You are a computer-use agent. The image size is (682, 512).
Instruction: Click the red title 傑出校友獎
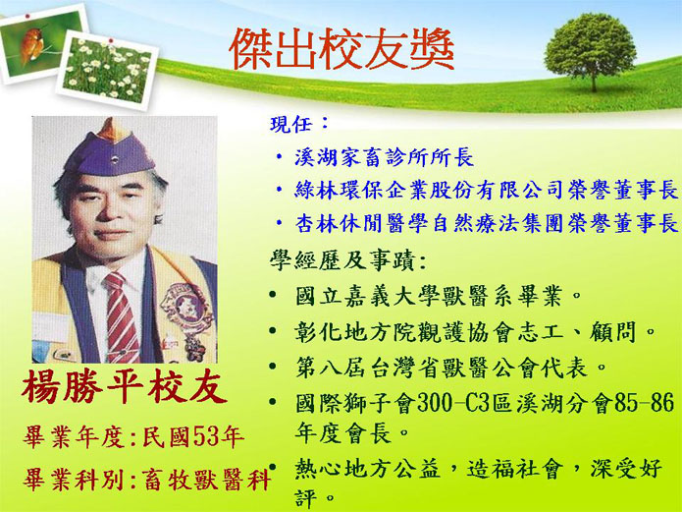(x=341, y=49)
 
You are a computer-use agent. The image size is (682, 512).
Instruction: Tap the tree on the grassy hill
(x=590, y=50)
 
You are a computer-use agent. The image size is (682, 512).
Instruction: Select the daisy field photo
(x=107, y=70)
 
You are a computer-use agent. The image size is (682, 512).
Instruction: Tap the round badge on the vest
(x=187, y=309)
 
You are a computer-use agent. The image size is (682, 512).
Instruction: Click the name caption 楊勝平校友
(x=125, y=387)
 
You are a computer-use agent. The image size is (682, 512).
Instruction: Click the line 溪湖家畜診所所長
(x=384, y=157)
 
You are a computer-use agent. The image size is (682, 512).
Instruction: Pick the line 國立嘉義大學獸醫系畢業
(x=429, y=297)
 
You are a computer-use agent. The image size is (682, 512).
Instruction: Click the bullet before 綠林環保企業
(x=279, y=191)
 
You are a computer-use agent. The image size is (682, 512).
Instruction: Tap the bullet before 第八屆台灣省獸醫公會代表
(x=273, y=366)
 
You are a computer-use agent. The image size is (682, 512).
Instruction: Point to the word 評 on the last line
(x=305, y=498)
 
